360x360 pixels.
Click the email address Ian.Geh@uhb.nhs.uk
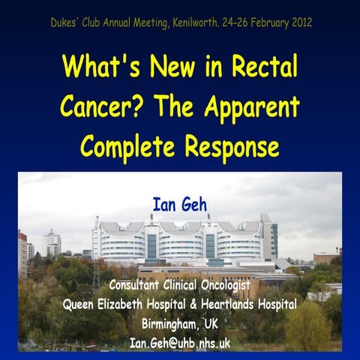coord(180,343)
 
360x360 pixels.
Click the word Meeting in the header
coord(154,22)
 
